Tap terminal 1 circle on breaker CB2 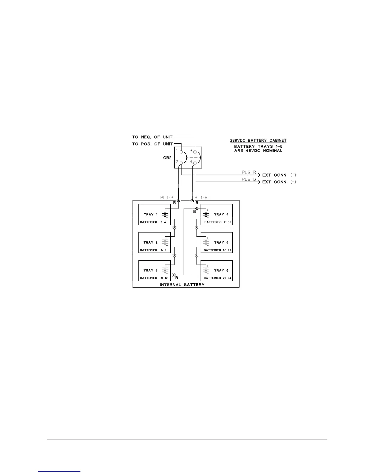coord(181,152)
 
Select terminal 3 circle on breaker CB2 coord(195,152)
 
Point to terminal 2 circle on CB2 coord(181,163)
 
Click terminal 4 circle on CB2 coord(195,163)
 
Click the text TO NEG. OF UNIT coord(152,137)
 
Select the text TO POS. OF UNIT coord(152,144)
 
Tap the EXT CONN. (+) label coord(279,175)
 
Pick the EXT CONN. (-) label coord(279,182)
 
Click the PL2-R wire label coord(249,172)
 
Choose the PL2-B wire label coord(249,179)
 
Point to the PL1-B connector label coord(167,198)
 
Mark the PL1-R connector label coord(201,198)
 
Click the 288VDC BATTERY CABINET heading coord(258,140)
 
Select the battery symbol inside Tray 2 coord(165,242)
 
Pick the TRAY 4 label coord(221,214)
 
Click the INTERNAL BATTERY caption coord(182,285)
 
